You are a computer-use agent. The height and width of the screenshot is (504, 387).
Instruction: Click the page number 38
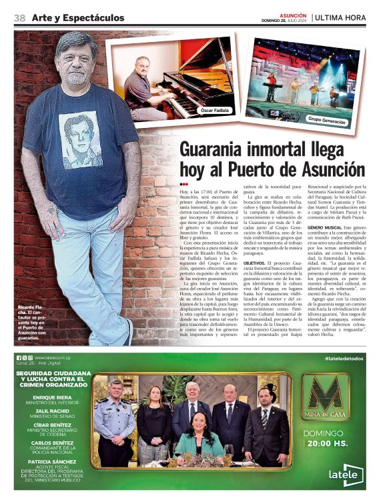[x=19, y=18]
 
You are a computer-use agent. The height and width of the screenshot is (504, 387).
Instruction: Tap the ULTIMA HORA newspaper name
[x=341, y=18]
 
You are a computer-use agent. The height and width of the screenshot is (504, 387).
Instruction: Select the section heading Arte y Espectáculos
[x=78, y=18]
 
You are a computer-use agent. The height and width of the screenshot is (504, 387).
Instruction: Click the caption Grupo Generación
[x=326, y=121]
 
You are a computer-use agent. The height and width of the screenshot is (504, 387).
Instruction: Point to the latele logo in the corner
[x=346, y=474]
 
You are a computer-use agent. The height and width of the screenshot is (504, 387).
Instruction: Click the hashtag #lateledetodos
[x=344, y=358]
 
